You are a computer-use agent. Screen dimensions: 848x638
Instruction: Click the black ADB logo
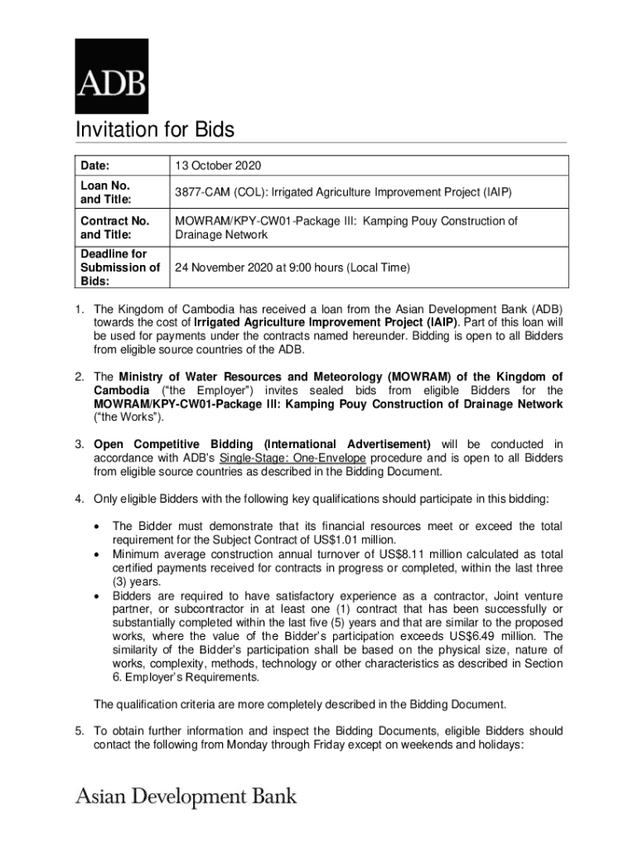pos(112,75)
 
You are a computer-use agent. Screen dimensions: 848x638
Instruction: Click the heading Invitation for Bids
pos(155,130)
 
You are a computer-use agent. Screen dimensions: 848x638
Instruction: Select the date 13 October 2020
pos(217,166)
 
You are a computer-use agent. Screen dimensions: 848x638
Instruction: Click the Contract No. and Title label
pos(114,228)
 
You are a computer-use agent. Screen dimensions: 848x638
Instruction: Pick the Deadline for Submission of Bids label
pos(119,267)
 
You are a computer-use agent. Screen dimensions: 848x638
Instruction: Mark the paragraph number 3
pos(80,444)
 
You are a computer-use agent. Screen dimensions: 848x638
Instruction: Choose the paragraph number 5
pos(80,731)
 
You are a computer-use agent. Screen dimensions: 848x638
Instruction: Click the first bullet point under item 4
pos(99,527)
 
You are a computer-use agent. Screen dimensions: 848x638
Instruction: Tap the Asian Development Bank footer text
pos(186,797)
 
